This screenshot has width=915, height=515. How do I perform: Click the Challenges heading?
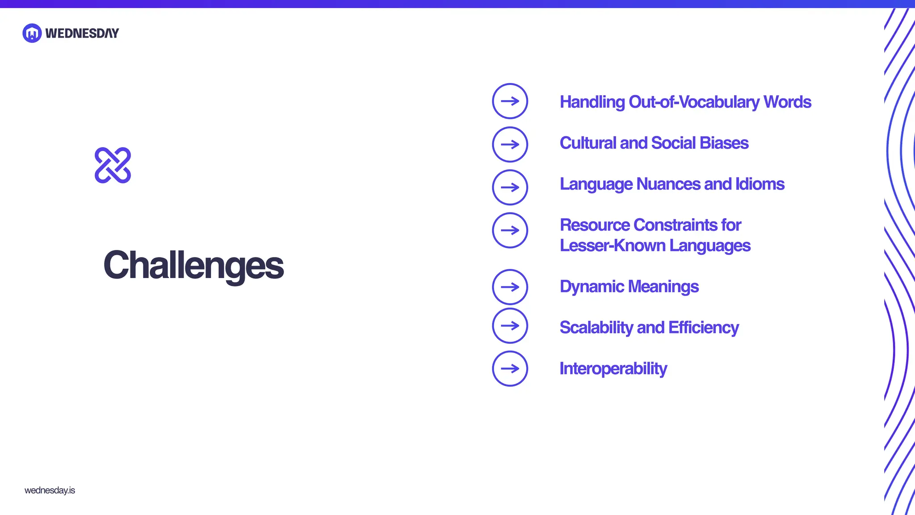(x=193, y=265)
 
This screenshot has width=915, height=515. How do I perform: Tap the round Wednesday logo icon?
(x=32, y=33)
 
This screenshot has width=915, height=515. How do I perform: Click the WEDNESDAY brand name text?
(x=82, y=33)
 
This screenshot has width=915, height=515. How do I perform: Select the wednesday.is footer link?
(x=50, y=490)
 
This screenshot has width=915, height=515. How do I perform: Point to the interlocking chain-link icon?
(x=113, y=165)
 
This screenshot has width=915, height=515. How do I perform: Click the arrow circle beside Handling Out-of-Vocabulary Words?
(x=510, y=101)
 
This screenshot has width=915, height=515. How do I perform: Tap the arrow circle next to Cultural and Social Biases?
(x=510, y=144)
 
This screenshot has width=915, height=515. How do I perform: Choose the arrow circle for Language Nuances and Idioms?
(x=510, y=187)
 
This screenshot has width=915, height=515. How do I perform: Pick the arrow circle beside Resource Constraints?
(x=510, y=230)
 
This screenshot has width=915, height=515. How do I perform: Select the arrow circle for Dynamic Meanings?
(x=510, y=287)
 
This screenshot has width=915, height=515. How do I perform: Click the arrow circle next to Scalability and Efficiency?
(x=510, y=325)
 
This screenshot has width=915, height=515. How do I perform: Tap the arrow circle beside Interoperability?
(x=510, y=368)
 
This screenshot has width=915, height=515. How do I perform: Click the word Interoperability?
(x=613, y=369)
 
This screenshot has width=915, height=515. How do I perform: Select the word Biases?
(x=724, y=143)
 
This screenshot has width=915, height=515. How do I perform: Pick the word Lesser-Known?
(x=612, y=245)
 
